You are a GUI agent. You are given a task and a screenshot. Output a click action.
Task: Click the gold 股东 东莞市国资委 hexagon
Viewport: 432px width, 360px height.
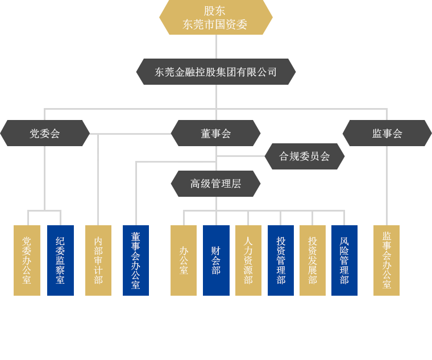coord(216,18)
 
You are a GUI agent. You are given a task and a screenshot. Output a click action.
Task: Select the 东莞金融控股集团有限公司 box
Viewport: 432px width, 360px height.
coord(216,72)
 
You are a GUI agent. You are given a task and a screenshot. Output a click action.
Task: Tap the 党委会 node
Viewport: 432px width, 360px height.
coord(45,133)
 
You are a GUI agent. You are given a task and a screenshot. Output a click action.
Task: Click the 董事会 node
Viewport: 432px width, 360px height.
coord(215,133)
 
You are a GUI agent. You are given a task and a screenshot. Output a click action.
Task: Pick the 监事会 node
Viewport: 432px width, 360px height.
coord(387,133)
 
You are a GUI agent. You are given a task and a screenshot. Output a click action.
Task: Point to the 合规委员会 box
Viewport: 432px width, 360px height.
coord(305,156)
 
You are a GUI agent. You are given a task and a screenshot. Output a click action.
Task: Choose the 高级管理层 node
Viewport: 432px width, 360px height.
coord(215,184)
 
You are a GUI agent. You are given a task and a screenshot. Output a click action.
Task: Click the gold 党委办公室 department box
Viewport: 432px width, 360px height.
coord(27,260)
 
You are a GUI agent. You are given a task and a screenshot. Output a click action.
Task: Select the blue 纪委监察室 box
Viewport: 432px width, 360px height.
coord(60,260)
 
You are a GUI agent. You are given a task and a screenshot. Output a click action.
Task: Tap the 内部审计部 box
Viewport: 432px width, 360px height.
coord(98,260)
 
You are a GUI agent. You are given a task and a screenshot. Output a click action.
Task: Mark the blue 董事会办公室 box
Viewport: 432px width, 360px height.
coord(136,260)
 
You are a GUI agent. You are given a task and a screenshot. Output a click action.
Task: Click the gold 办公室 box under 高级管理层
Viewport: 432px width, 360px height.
coord(184,260)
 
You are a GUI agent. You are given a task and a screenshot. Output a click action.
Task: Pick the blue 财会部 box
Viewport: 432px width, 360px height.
coord(216,260)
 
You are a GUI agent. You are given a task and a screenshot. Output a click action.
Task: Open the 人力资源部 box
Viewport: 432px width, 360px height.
coord(248,260)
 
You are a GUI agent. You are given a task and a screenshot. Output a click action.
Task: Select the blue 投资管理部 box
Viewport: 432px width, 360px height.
coord(281,260)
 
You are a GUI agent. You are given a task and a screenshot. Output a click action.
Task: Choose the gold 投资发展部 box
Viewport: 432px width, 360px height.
coord(313,260)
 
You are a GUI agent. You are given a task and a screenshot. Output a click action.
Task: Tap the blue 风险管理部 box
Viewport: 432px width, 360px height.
coord(344,260)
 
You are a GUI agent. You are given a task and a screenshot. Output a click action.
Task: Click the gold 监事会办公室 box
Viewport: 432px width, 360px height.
coord(387,260)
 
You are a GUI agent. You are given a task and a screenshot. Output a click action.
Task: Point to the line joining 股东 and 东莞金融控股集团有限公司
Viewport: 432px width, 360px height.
coord(216,47)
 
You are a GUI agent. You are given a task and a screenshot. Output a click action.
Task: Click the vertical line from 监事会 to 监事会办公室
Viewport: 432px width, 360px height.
coord(387,185)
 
